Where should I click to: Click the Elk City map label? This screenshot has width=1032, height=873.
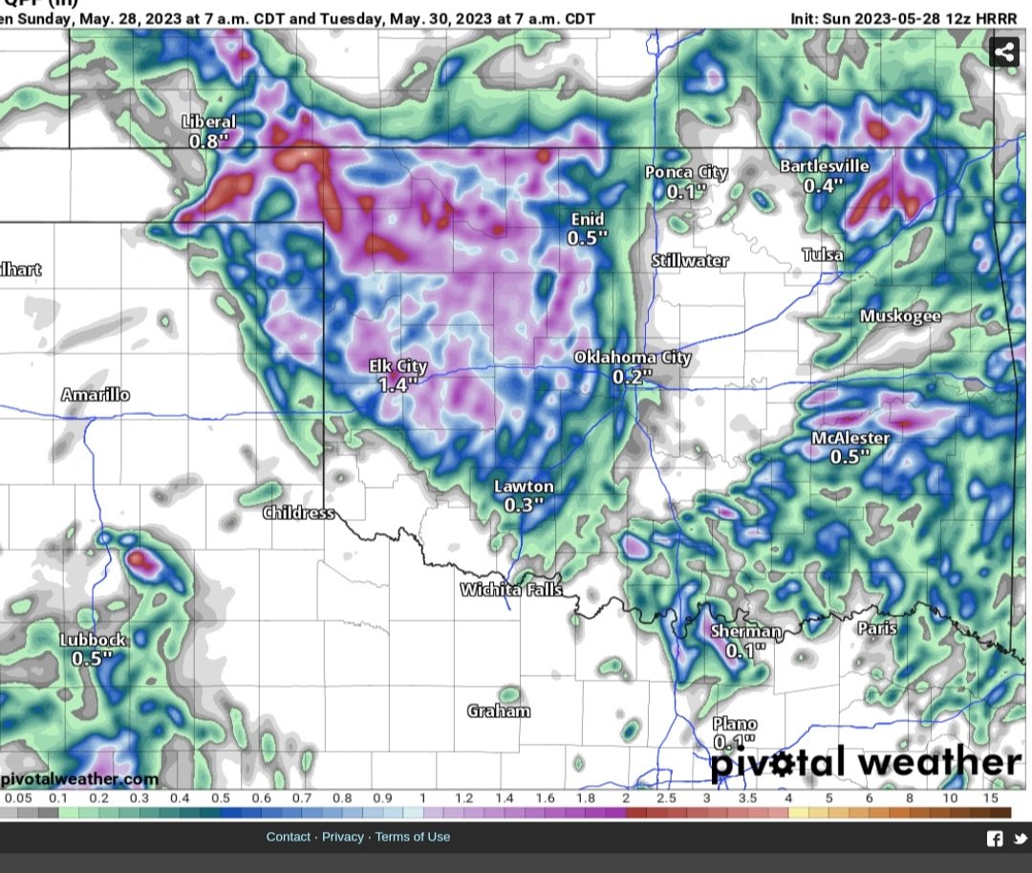coord(398,367)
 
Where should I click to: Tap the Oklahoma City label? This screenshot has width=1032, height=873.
coord(632,358)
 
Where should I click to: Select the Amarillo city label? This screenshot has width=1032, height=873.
coord(96,395)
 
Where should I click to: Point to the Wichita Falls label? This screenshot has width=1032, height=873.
coord(511,590)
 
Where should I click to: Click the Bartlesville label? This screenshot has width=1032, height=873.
coord(824,166)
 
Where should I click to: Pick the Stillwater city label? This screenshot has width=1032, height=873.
coord(690,260)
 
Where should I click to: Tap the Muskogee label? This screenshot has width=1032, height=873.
coord(900,316)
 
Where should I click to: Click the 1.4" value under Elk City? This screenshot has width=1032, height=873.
coord(398,385)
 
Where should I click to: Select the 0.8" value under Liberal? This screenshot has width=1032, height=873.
coord(209,141)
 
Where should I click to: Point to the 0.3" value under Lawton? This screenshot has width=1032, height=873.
coord(524,505)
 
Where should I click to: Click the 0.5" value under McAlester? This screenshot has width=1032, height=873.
coord(849,456)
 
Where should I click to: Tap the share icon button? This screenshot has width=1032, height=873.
coord(1004,52)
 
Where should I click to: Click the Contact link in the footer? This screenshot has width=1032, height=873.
coord(289,837)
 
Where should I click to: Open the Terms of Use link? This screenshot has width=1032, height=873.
coord(412,837)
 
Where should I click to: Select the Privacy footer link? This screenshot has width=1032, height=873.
coord(343,837)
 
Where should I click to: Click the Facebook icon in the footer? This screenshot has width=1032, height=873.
coord(995,839)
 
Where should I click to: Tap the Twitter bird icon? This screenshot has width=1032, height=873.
coord(1020,839)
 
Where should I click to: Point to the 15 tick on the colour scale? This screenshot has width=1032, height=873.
coord(991,798)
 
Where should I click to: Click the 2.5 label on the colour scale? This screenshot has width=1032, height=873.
coord(666,798)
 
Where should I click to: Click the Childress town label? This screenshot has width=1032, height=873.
coord(299,513)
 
